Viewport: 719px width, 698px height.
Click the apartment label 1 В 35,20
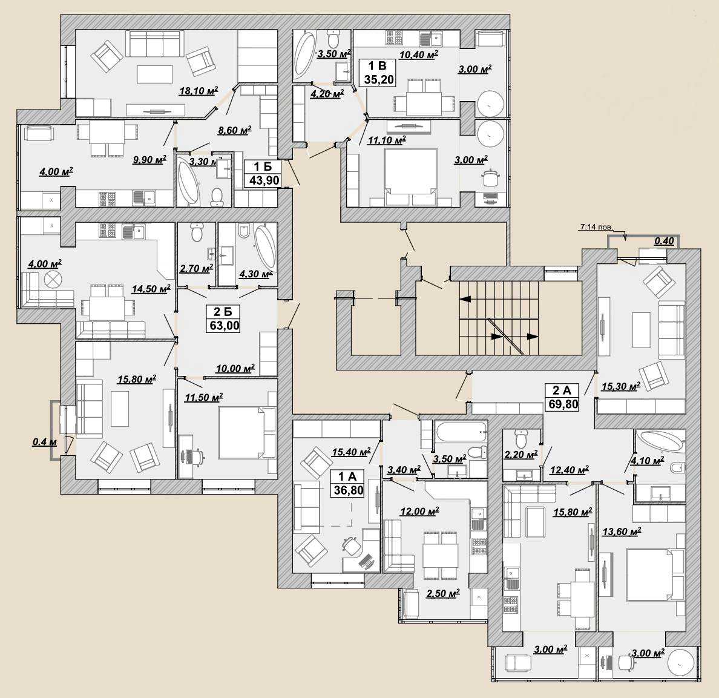(379, 73)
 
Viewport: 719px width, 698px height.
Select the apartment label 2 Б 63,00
(223, 319)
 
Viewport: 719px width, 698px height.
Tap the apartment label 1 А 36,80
(349, 483)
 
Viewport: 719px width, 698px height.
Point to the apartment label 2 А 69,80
(562, 397)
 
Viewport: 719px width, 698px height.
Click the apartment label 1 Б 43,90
(264, 173)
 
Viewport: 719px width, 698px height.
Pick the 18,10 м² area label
(199, 91)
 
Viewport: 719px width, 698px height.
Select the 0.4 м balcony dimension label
(44, 442)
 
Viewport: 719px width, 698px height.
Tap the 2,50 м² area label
(443, 593)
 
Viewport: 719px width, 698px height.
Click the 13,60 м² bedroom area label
(622, 532)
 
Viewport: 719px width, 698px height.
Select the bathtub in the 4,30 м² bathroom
(264, 247)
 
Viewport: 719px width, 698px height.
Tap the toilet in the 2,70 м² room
(197, 232)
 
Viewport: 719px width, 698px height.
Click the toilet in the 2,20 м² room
(522, 439)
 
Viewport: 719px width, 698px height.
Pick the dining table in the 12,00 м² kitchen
(440, 556)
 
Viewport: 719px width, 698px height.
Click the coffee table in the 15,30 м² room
(640, 330)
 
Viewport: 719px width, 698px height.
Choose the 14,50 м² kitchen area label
(151, 289)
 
